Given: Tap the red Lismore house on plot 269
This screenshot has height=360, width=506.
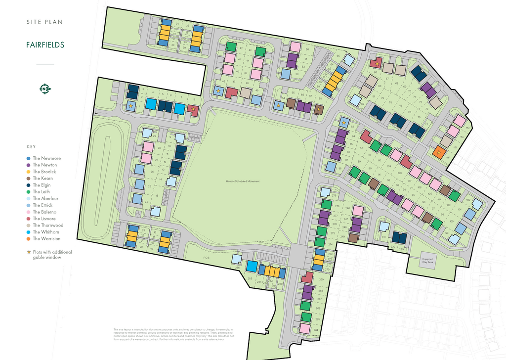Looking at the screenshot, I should tap(307, 277).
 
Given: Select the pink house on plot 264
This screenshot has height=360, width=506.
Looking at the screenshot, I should tap(305, 328).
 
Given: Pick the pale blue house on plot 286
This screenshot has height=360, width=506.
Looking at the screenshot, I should tap(237, 259).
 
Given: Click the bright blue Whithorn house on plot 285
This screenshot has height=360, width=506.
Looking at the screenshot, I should tap(252, 267).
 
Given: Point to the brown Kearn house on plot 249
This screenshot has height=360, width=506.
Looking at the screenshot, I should tap(353, 238).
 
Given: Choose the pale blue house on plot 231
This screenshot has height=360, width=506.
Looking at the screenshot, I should tap(384, 226).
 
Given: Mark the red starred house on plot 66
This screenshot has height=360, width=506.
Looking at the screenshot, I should tap(377, 63).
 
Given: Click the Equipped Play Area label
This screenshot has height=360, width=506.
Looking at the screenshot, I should tap(427, 260).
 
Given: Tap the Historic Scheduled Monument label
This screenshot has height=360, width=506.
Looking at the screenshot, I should tap(243, 181).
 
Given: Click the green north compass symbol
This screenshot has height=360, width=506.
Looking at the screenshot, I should tap(45, 89).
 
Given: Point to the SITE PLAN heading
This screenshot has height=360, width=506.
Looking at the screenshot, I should tap(45, 22).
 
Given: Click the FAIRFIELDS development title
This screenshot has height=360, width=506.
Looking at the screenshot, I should tap(45, 45).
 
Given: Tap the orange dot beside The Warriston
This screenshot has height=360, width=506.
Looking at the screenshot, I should tap(29, 239).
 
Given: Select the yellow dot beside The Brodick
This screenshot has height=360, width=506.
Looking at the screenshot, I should tap(29, 172).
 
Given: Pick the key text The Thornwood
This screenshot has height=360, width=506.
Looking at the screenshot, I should tap(48, 225).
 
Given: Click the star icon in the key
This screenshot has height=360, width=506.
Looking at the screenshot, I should tap(29, 252).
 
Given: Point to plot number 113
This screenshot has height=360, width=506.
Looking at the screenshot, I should tap(467, 128).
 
